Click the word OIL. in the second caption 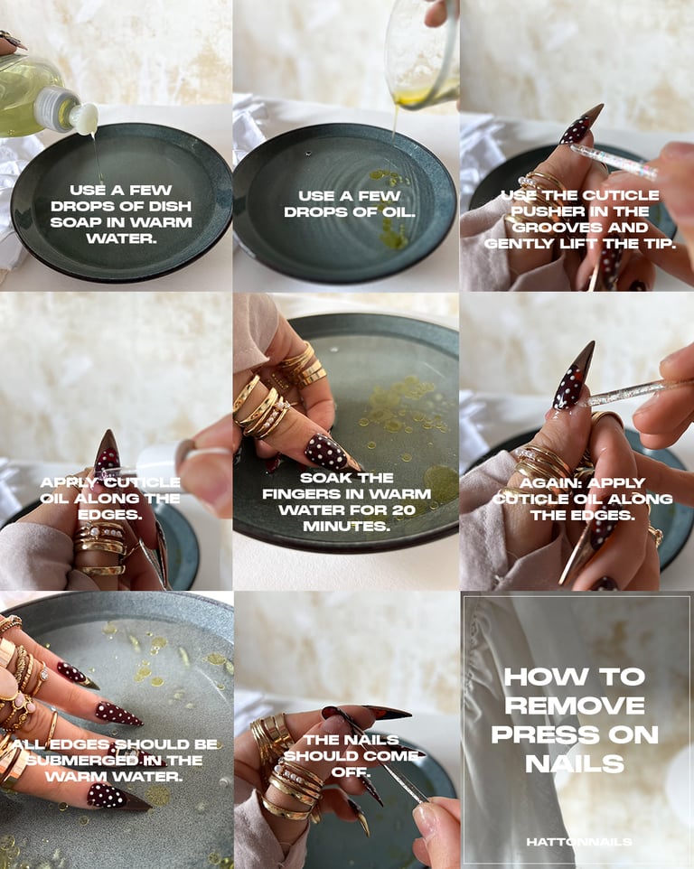pos(398,211)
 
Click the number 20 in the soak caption pos(404,509)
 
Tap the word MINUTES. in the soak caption pos(346,526)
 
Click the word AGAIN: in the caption pos(550,482)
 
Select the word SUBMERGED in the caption pos(81,760)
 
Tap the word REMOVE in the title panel pos(575,705)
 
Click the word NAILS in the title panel pos(575,763)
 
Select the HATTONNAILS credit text pos(578,842)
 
